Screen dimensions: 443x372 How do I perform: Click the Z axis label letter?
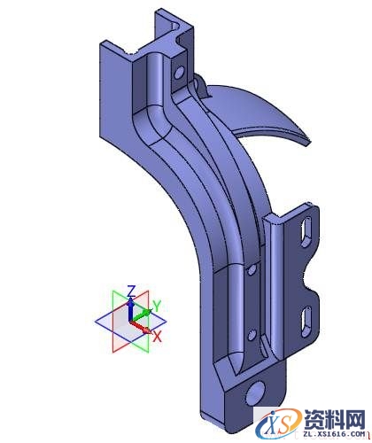130,291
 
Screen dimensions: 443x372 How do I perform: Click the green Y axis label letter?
156,306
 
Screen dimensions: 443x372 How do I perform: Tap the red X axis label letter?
157,337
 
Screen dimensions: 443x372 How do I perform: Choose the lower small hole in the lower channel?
252,334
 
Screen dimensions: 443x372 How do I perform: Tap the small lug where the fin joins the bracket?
198,84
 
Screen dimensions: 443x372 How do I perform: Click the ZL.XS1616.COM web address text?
333,434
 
